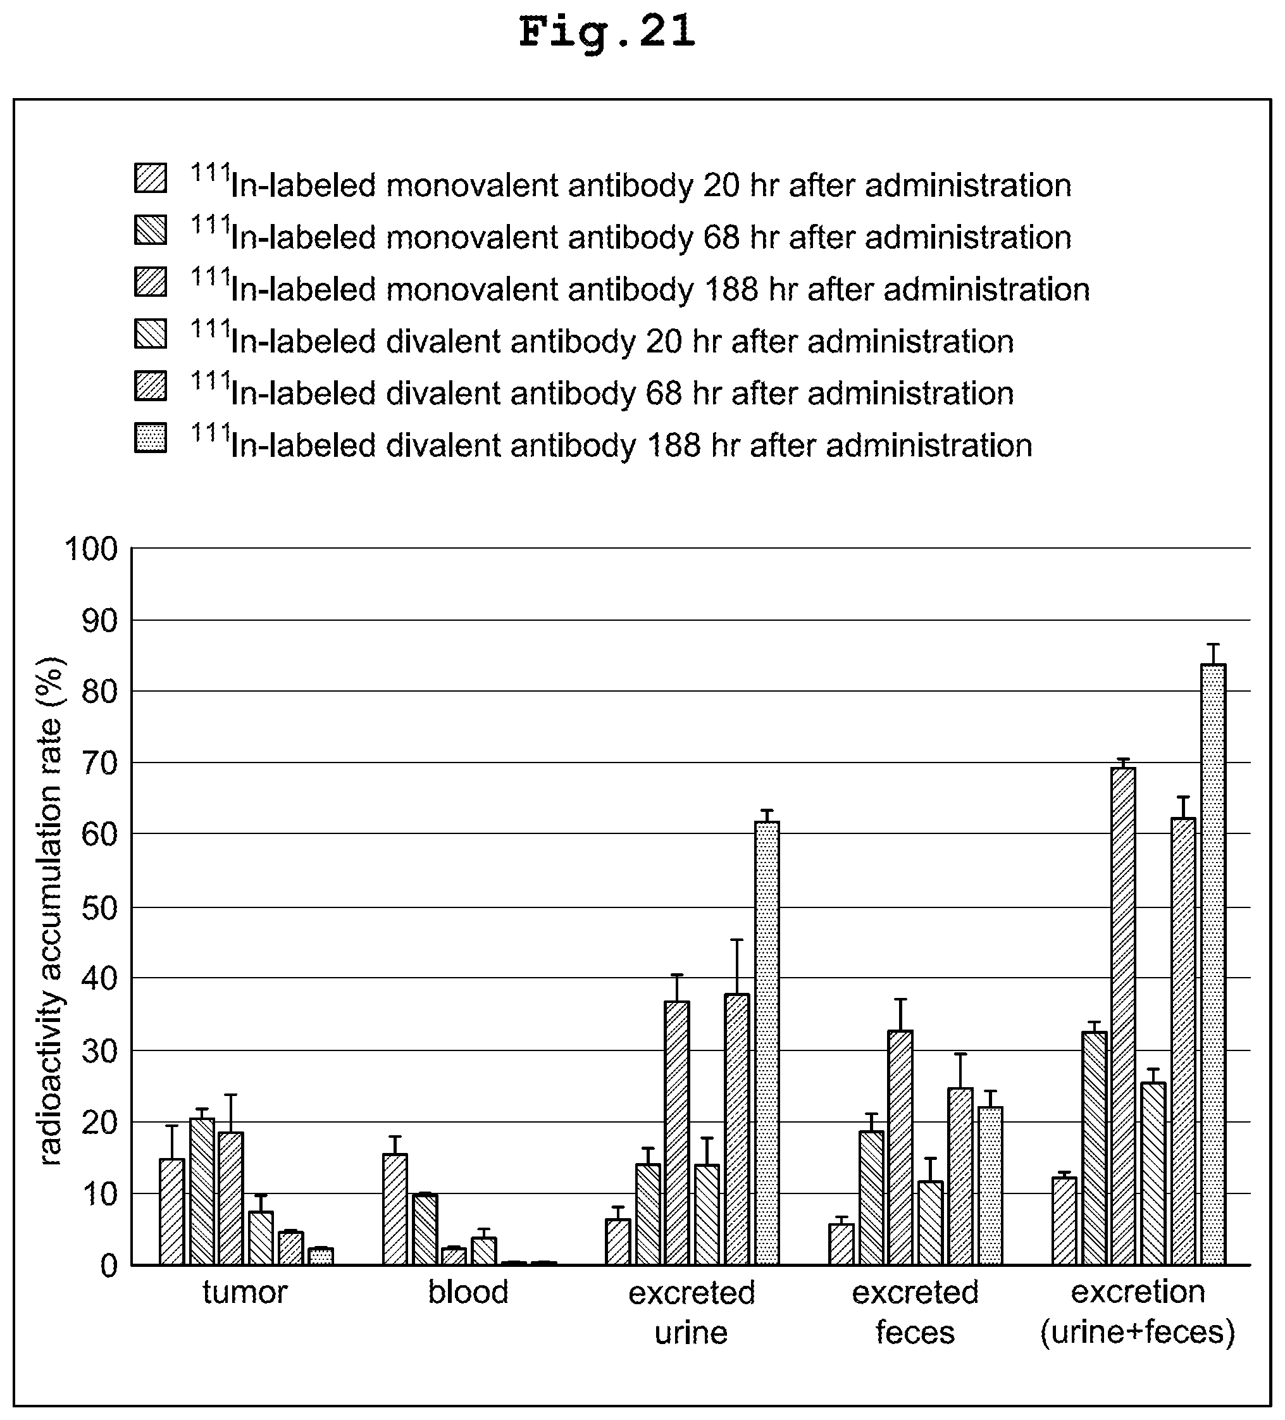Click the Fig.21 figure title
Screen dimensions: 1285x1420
tap(607, 33)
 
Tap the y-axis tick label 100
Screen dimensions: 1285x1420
tap(92, 549)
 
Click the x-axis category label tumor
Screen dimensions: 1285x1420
tap(245, 1293)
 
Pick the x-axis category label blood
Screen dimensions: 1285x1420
tap(468, 1293)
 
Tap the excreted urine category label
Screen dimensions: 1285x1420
tap(692, 1312)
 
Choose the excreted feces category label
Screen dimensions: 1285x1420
tap(916, 1312)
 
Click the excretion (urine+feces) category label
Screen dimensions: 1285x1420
tap(1138, 1312)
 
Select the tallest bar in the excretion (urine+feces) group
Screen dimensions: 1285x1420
tap(1213, 964)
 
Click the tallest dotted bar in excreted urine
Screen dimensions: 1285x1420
tap(767, 1042)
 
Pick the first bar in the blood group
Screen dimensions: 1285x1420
tap(395, 1209)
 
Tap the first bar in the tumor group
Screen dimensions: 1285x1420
tap(172, 1212)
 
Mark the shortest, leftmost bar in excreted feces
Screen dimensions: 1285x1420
tap(841, 1244)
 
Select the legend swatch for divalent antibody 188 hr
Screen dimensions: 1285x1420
tap(151, 437)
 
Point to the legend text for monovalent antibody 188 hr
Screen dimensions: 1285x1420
tap(640, 285)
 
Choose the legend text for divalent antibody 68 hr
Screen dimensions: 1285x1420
tap(602, 390)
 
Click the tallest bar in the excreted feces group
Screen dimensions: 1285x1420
tap(900, 1147)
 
